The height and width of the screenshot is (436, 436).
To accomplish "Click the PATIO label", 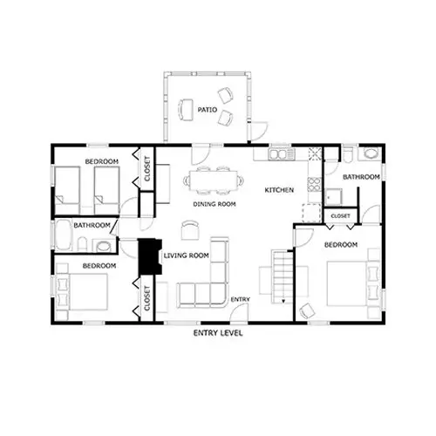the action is point(208,110).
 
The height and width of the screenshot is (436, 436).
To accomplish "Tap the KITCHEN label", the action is point(279,190).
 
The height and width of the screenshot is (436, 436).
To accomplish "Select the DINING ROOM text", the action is point(215,204).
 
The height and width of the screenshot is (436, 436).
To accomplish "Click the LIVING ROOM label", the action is point(187,255).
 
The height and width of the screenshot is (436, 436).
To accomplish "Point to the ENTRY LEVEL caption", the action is point(218,333).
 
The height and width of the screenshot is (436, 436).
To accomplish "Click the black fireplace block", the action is point(150,256).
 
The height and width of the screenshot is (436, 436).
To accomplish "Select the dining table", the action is point(214,181).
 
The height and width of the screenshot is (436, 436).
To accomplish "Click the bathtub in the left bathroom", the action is point(64,235).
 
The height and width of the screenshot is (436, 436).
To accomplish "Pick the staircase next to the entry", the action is point(283,277).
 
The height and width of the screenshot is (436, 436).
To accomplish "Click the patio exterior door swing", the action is point(259,132).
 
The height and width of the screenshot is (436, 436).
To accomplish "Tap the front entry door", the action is point(239,312).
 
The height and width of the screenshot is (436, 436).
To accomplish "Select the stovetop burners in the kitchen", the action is point(315,184).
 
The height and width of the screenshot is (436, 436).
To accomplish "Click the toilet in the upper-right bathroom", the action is point(348,154).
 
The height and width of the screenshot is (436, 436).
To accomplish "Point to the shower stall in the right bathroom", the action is point(333,196).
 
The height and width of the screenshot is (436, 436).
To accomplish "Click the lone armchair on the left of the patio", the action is point(186,110).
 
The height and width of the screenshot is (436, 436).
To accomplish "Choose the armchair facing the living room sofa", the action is point(190,229).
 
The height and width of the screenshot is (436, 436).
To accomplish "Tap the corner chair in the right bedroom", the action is point(307,310).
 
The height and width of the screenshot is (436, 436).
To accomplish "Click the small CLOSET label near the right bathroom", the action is point(340,216).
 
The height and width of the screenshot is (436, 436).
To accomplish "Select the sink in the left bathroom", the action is point(103,246).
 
